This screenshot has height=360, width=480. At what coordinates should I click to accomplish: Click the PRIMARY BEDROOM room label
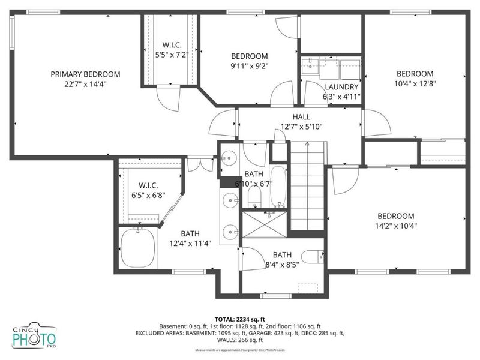pos(85,74)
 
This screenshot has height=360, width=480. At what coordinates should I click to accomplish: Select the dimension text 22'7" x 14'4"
pos(85,85)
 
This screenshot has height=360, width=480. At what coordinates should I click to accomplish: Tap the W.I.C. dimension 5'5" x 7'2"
pos(168,55)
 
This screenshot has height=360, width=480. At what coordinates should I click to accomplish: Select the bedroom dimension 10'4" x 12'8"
pos(415,84)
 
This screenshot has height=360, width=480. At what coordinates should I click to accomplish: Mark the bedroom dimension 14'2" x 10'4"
pos(396,226)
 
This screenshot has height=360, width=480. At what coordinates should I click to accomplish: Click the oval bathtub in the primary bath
pos(137,248)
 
